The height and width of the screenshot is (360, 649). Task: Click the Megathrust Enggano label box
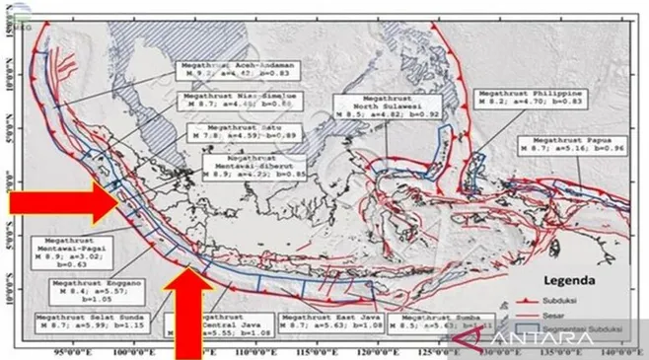click(88, 291)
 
